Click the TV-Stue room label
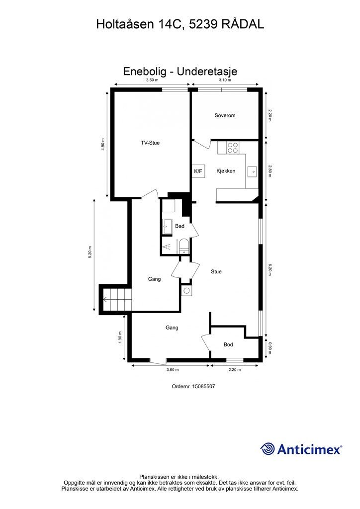[150, 143]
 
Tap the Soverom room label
[225, 115]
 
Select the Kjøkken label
[226, 171]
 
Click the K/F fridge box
[198, 171]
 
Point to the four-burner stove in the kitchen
[233, 148]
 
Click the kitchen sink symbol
[252, 171]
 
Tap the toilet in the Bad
[184, 246]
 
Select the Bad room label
[180, 226]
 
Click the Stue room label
[216, 271]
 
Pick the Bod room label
[228, 344]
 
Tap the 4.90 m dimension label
[103, 144]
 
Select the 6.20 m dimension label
[270, 269]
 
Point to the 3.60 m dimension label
[173, 369]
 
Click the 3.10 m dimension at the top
[225, 80]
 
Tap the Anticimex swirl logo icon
[268, 449]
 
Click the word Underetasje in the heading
[207, 71]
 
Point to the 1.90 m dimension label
[120, 338]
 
